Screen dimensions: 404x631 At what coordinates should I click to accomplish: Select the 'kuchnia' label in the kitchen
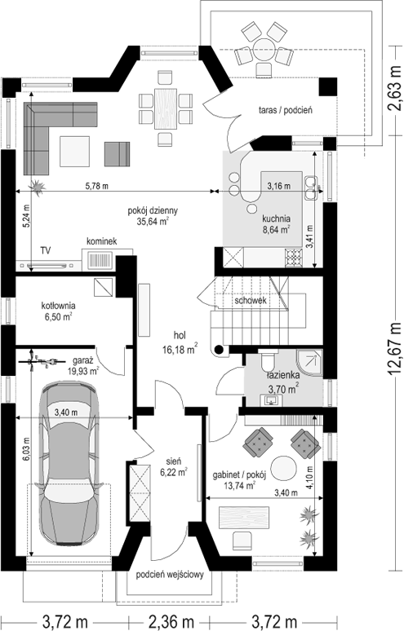click(x=276, y=219)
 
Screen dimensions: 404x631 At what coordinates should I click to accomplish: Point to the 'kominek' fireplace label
click(x=102, y=241)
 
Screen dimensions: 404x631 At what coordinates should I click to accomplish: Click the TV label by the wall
click(x=46, y=251)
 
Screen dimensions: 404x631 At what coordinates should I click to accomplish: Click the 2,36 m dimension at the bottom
click(x=171, y=622)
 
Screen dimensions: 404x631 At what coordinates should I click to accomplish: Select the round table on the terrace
click(x=264, y=49)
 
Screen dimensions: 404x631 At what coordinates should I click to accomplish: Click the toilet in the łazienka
click(x=268, y=360)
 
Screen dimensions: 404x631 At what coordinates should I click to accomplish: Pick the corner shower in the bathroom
click(x=309, y=363)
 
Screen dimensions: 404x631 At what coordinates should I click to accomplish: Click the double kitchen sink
click(x=310, y=188)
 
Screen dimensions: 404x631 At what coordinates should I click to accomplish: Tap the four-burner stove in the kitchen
click(x=294, y=258)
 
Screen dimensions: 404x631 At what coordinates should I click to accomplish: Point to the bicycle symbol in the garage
click(x=42, y=361)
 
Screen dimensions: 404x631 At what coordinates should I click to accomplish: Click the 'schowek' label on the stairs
click(x=251, y=300)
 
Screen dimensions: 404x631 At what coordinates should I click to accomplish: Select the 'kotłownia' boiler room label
click(x=58, y=306)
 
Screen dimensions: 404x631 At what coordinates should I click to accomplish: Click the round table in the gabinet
click(x=283, y=468)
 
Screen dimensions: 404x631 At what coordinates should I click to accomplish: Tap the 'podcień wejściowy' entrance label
click(x=170, y=575)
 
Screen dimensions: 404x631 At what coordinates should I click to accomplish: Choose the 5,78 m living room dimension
click(x=96, y=186)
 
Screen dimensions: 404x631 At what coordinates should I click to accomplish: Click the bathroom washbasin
click(x=271, y=400)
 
